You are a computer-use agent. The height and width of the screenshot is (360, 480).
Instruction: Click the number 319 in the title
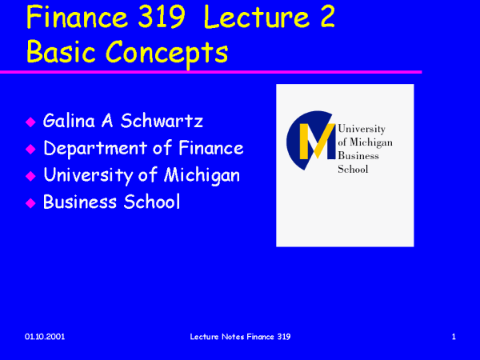162,17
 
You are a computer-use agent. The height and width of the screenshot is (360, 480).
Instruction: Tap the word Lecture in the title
257,17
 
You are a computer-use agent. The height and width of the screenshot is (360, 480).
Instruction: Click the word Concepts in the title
167,54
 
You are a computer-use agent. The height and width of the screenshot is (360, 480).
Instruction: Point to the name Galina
69,121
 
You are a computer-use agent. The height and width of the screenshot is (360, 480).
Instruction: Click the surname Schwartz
162,121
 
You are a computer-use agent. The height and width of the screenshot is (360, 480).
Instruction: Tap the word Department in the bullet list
95,149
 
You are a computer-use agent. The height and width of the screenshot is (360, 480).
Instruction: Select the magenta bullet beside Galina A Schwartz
30,122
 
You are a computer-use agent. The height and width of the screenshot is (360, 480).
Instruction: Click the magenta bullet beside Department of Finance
30,149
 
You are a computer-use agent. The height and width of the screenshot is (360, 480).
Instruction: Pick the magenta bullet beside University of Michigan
30,176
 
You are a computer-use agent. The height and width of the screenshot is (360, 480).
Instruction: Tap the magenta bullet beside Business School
30,203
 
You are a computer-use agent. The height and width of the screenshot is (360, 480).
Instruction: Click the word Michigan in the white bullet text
202,176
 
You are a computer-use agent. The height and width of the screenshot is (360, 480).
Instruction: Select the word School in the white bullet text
151,202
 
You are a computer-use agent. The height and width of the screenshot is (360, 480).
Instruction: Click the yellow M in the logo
317,141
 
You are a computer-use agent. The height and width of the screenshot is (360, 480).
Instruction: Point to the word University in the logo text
362,129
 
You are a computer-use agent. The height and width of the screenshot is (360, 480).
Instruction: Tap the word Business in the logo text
358,156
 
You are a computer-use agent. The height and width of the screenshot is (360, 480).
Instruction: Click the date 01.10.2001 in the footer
45,337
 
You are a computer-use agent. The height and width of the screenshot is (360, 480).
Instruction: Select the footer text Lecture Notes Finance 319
240,337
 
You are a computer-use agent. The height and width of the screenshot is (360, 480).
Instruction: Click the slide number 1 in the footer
454,337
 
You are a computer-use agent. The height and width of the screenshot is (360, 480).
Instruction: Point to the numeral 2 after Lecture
327,17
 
